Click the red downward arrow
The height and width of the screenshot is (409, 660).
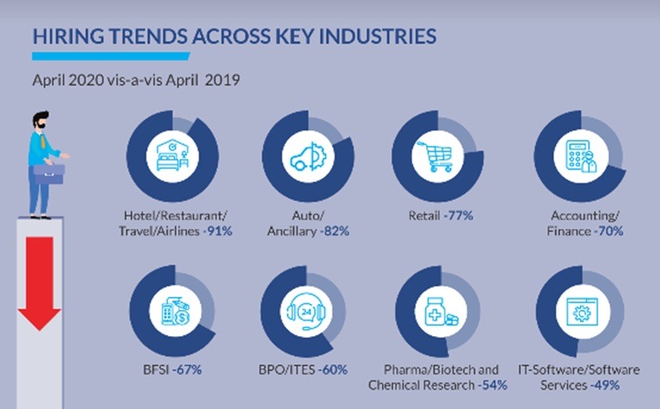[38, 287]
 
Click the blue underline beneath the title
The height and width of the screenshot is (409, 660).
[110, 56]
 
